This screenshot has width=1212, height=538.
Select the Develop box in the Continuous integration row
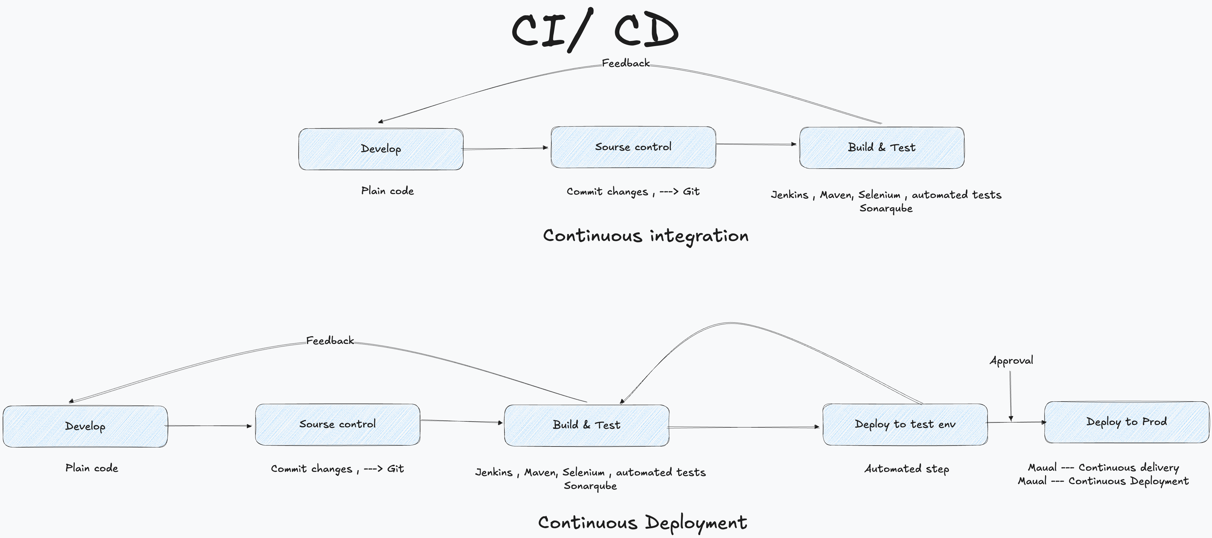pos(381,149)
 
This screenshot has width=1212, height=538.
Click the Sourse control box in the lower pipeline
pos(337,424)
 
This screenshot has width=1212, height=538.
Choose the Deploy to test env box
pos(905,424)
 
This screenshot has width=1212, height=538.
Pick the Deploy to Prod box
pos(1126,422)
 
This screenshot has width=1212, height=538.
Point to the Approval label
pos(1011,361)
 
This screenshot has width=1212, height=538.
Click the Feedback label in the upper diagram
pos(625,63)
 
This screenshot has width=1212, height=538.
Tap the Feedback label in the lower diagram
pos(330,341)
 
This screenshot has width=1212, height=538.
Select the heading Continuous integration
pos(646,236)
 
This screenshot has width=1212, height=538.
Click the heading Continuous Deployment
pos(642,522)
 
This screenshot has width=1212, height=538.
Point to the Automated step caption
pos(907,469)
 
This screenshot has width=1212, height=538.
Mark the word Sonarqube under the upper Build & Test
pos(886,208)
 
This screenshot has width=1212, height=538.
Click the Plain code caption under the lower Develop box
pos(92,468)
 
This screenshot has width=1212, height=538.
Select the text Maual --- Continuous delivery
pos(1103,467)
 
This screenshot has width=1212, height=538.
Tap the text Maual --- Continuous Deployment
pos(1103,481)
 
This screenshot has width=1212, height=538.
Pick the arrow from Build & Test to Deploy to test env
pos(743,427)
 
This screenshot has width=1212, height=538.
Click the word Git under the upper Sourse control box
pos(691,191)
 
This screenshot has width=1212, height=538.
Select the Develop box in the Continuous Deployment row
pos(85,426)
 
